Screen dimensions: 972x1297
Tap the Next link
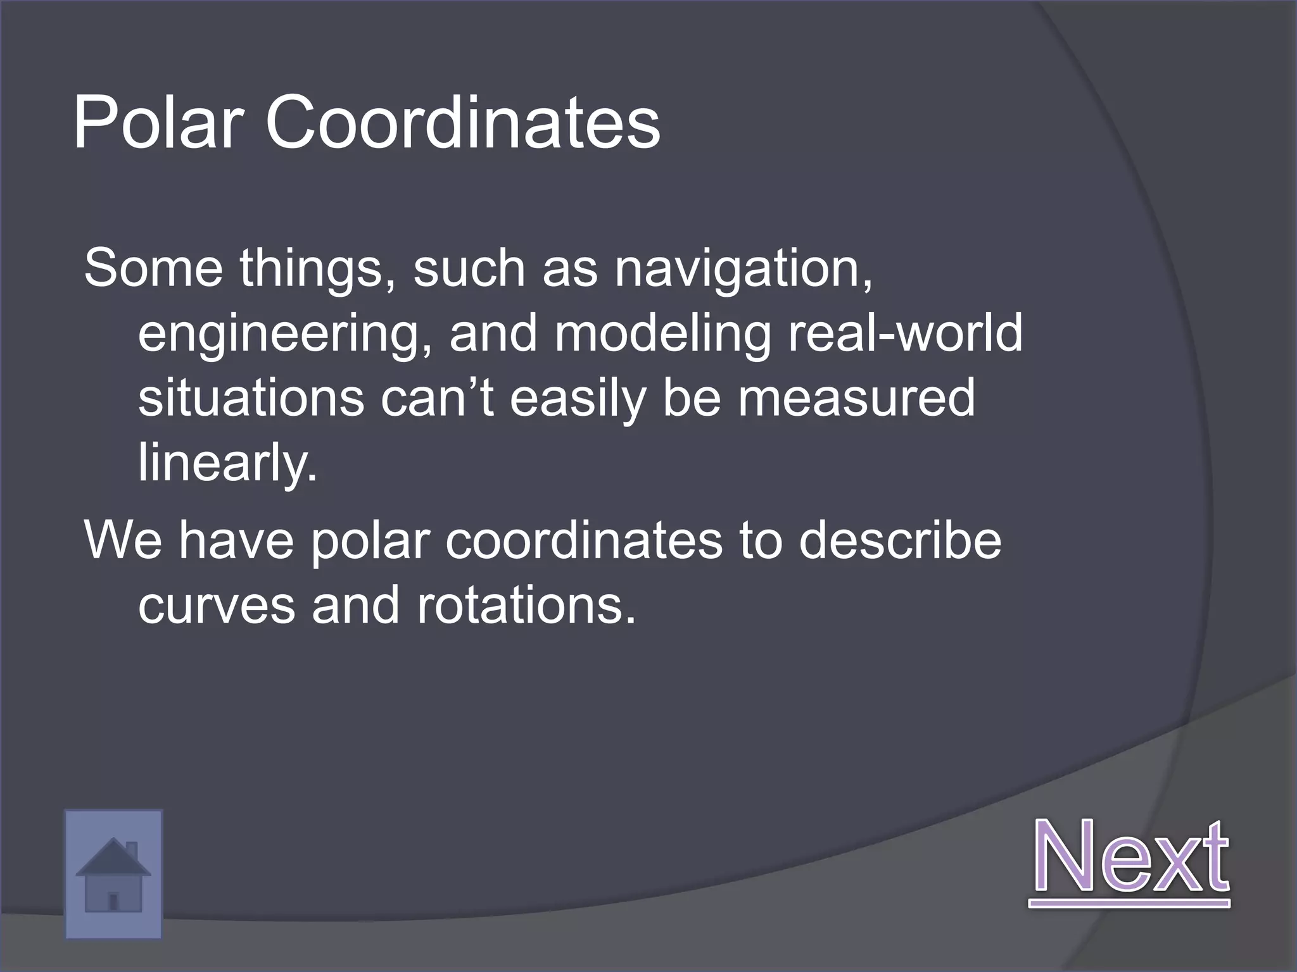pos(1130,857)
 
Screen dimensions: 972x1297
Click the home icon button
pos(113,873)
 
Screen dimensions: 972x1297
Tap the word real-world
pos(905,333)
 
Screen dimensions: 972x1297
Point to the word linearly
pos(227,464)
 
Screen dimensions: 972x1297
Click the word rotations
pos(526,606)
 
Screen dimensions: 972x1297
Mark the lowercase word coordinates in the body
pos(583,541)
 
